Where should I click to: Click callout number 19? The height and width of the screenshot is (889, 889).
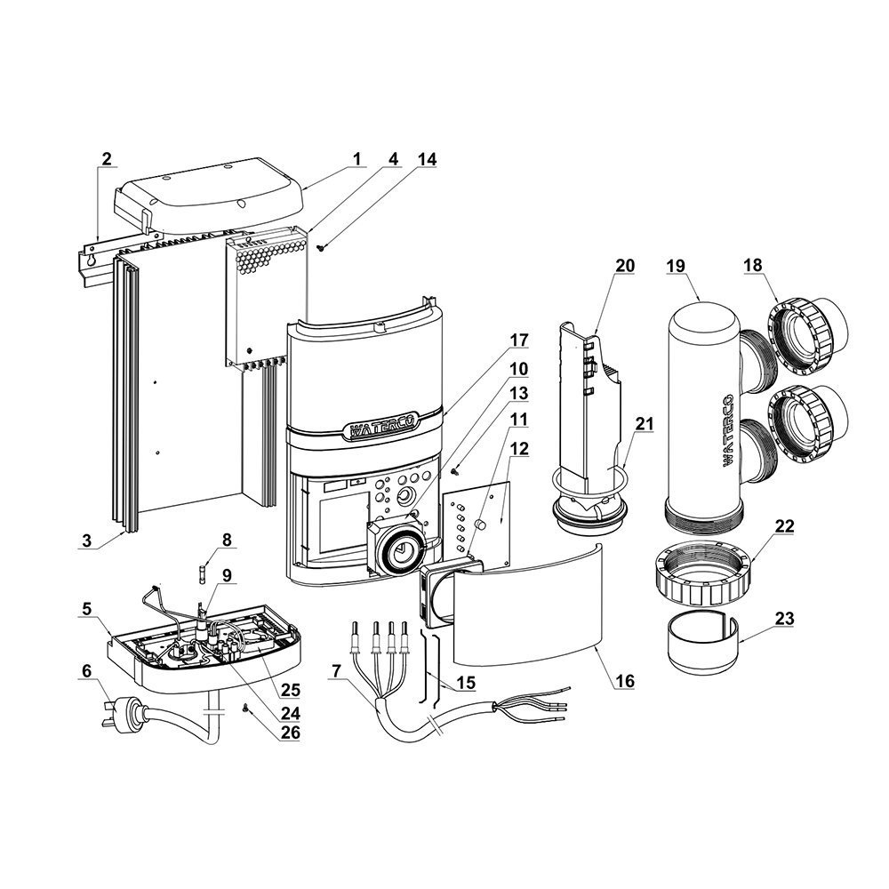[x=681, y=265]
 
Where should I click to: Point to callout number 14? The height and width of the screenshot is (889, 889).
[x=404, y=159]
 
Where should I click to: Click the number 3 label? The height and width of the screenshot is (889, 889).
[x=87, y=541]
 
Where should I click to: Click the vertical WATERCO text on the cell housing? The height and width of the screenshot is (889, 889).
[x=725, y=430]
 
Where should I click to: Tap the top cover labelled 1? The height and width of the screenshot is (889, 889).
[x=213, y=191]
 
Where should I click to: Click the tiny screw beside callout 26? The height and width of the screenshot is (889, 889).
[x=246, y=709]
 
